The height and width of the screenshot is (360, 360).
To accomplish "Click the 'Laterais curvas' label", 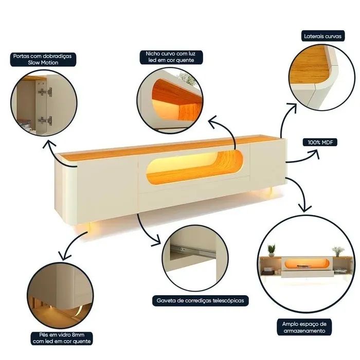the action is [323, 36].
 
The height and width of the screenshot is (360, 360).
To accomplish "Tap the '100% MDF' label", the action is [320, 142].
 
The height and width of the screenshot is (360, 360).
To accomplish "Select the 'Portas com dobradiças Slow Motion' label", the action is [43, 59].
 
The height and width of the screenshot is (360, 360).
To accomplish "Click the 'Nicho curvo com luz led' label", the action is [171, 57].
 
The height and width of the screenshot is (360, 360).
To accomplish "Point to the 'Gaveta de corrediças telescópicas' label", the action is [201, 300].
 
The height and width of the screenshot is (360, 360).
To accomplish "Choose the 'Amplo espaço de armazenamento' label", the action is [304, 327].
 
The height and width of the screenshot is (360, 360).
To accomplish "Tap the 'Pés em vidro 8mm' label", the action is [62, 338].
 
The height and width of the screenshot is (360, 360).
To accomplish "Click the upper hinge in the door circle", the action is [45, 92].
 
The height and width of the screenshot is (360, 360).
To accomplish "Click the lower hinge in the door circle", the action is [45, 120].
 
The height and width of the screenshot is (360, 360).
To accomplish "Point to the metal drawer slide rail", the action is [192, 251].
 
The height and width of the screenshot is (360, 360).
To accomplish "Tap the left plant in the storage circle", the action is [272, 250].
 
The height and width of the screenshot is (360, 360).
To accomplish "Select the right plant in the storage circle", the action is [338, 251].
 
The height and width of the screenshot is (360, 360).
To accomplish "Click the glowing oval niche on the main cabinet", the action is [194, 167].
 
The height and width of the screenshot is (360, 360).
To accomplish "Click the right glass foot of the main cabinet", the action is [271, 192].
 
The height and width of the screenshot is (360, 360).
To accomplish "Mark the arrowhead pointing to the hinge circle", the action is [49, 144].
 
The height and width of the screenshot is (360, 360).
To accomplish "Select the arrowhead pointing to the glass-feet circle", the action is [64, 255].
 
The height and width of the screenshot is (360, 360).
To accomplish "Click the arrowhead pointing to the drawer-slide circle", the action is [156, 241].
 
